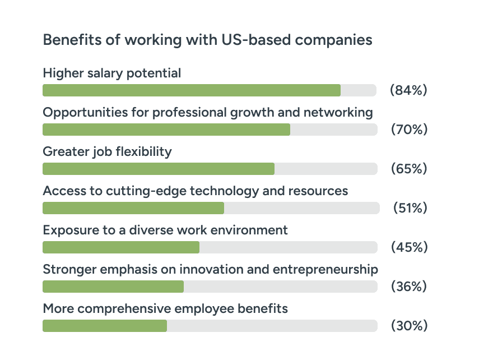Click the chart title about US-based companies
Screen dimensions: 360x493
point(207,40)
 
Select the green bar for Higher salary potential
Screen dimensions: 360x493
point(192,90)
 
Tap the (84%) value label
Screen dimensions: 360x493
point(408,90)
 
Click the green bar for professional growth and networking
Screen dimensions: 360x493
point(166,130)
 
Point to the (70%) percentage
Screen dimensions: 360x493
point(409,130)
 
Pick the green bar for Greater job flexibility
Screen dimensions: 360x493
point(159,169)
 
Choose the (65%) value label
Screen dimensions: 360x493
point(409,169)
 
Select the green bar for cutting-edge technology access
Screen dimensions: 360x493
point(133,208)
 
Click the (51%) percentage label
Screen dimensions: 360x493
point(410,208)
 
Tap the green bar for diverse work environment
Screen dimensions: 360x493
point(121,247)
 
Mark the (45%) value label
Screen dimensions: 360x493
point(409,247)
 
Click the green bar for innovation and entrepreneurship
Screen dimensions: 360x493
point(113,287)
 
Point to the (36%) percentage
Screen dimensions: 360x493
point(409,287)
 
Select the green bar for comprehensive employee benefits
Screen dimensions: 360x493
point(105,326)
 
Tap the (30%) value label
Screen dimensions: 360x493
point(409,326)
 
